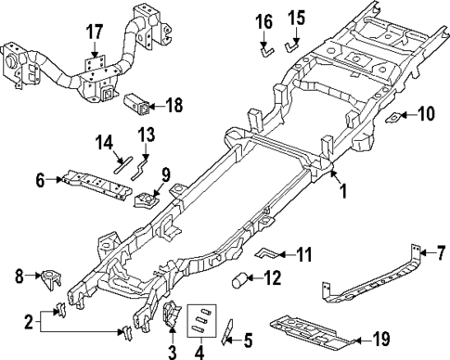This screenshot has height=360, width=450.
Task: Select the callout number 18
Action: [173, 106]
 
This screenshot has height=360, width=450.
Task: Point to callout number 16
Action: [264, 20]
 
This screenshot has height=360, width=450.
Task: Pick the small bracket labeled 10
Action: [395, 117]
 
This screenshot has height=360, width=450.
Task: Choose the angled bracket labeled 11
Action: [267, 251]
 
